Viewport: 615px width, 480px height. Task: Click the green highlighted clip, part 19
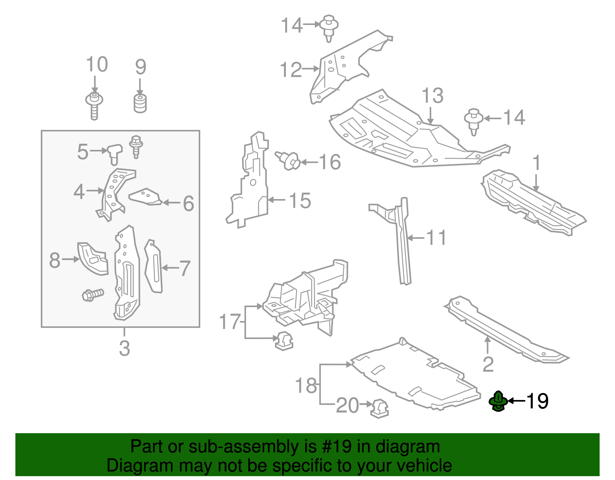(x=498, y=401)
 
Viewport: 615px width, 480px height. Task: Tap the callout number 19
(x=537, y=401)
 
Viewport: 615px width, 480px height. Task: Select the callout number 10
(x=96, y=65)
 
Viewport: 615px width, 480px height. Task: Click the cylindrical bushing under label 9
(x=141, y=103)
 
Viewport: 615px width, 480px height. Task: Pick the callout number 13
(x=432, y=96)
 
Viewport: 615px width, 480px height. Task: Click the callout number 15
(x=300, y=201)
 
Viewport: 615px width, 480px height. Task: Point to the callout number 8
(x=55, y=260)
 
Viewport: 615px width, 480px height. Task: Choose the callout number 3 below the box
(x=124, y=348)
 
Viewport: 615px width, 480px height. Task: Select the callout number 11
(x=436, y=238)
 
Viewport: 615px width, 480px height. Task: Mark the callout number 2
(x=488, y=364)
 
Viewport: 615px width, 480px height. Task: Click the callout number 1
(x=537, y=163)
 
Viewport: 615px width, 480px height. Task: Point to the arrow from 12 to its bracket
(x=311, y=69)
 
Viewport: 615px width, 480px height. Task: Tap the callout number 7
(x=185, y=268)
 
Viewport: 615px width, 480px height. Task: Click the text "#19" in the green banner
(x=334, y=447)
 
